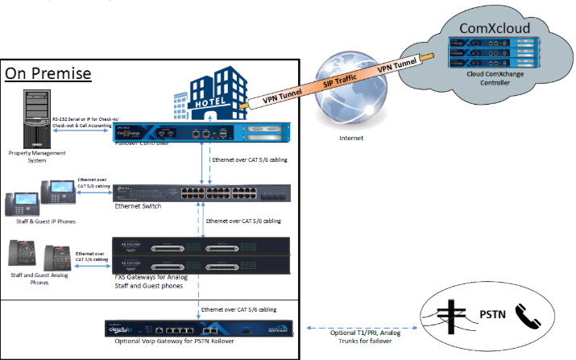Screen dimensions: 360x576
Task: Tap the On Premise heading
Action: click(48, 74)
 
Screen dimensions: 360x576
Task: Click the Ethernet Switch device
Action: click(202, 194)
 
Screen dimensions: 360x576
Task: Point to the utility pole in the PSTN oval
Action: click(453, 317)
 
